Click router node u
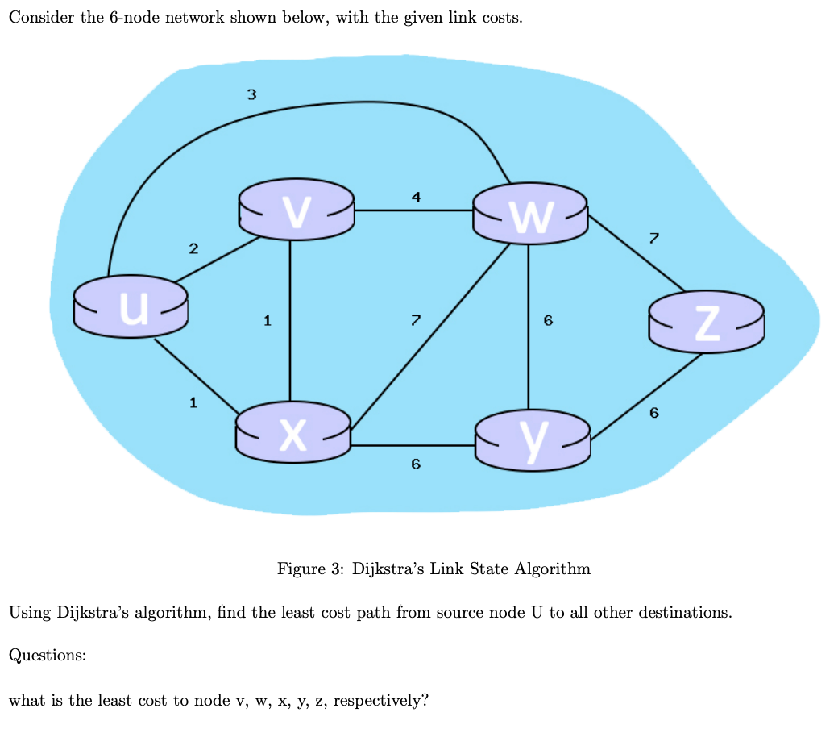(x=131, y=306)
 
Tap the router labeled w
(x=529, y=213)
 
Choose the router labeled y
(x=533, y=439)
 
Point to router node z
(x=705, y=322)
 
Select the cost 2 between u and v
(x=193, y=248)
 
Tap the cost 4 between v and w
(x=415, y=196)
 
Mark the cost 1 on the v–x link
(x=267, y=321)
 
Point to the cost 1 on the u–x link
(x=193, y=402)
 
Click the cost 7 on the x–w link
(x=415, y=321)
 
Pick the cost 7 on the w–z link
(x=653, y=237)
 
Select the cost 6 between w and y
(x=548, y=321)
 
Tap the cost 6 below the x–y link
(x=415, y=464)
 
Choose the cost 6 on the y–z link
(x=653, y=413)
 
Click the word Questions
(x=47, y=656)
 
